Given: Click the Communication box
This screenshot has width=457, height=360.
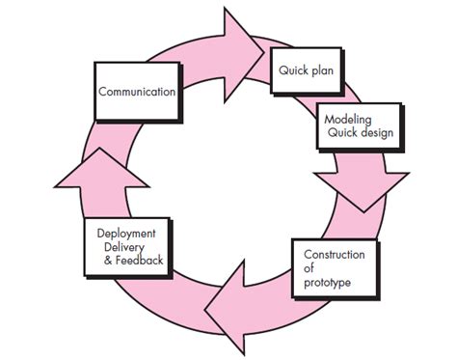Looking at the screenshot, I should (136, 93).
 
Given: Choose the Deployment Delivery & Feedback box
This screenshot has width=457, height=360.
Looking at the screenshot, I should (130, 247).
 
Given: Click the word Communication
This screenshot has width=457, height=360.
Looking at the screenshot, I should (136, 93).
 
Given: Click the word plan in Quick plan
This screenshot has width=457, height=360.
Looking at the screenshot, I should (322, 71).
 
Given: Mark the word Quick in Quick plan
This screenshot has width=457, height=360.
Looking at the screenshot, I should (294, 71).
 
